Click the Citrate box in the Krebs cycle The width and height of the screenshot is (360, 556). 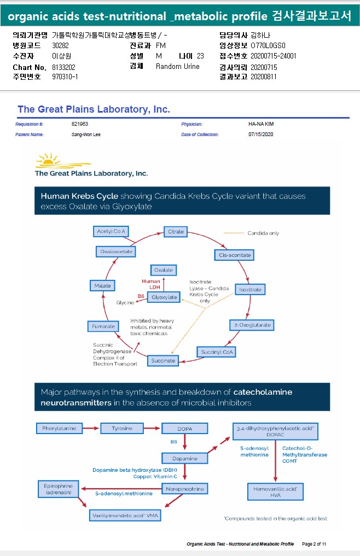pyautogui.click(x=176, y=232)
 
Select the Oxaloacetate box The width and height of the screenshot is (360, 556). pyautogui.click(x=117, y=251)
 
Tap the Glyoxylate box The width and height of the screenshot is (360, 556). pyautogui.click(x=164, y=297)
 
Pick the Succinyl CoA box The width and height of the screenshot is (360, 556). pyautogui.click(x=217, y=352)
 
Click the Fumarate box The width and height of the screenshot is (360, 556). pyautogui.click(x=103, y=326)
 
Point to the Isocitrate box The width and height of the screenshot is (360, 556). pyautogui.click(x=250, y=289)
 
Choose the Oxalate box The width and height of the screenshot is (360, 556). pyautogui.click(x=164, y=270)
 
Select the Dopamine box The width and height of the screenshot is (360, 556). pyautogui.click(x=184, y=458)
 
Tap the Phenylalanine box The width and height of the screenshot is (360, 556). pyautogui.click(x=58, y=428)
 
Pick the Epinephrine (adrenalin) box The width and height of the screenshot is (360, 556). pyautogui.click(x=58, y=489)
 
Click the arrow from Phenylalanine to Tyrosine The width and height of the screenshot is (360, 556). pyautogui.click(x=90, y=428)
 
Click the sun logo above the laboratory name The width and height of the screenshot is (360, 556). pyautogui.click(x=52, y=160)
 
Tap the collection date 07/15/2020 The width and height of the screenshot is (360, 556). pyautogui.click(x=260, y=134)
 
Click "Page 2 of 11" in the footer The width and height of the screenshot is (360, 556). pyautogui.click(x=314, y=544)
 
